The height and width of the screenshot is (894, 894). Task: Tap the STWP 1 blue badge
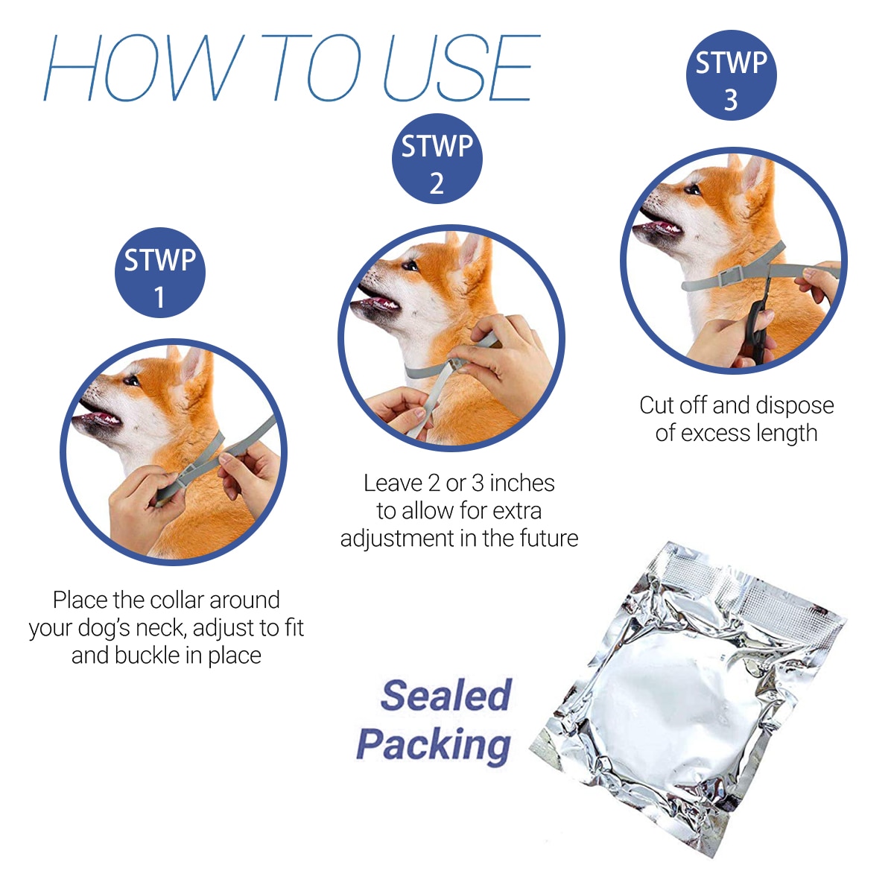coord(159,273)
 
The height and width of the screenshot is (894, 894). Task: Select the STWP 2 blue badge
coord(437,159)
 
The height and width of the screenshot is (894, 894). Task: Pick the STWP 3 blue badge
coord(731,75)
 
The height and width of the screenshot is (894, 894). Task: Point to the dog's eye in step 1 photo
coord(132,381)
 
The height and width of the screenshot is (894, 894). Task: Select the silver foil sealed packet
coord(689,700)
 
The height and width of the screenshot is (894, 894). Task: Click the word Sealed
coord(446,695)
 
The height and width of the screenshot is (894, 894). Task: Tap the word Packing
coord(434,744)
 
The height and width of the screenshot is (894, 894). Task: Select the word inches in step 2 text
coord(521,484)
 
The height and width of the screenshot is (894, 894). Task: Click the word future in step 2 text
coord(548,538)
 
